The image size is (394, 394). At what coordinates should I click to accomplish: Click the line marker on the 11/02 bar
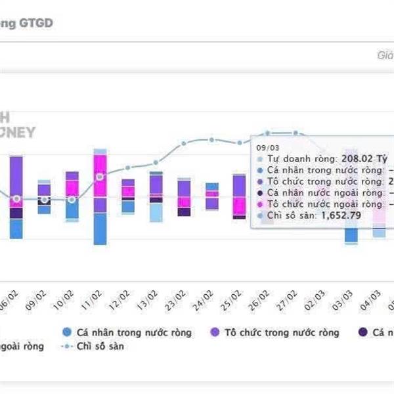[x=100, y=177]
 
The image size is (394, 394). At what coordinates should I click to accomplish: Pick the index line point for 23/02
[x=184, y=144]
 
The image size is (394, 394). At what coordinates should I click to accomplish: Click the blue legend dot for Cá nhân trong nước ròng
[x=66, y=333]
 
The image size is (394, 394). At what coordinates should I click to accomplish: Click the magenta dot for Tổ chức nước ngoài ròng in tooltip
[x=260, y=204]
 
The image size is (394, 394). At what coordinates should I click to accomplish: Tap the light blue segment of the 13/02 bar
[x=156, y=212]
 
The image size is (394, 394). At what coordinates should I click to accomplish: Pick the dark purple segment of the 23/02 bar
[x=185, y=211]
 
